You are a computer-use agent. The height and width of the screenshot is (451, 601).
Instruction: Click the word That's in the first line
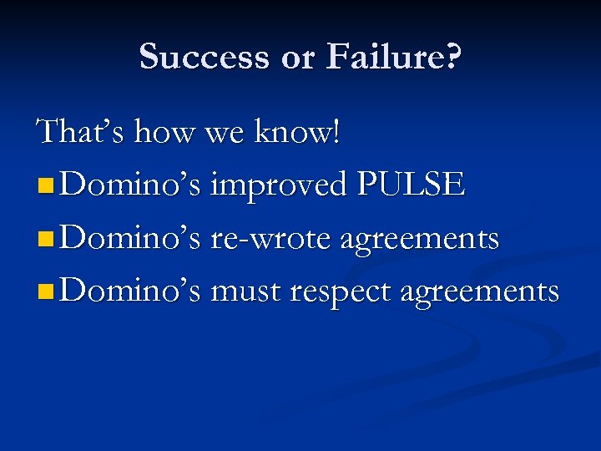(82, 132)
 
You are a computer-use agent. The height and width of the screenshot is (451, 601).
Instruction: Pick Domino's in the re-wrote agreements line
(130, 239)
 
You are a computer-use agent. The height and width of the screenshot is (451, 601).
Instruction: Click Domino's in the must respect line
(130, 292)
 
